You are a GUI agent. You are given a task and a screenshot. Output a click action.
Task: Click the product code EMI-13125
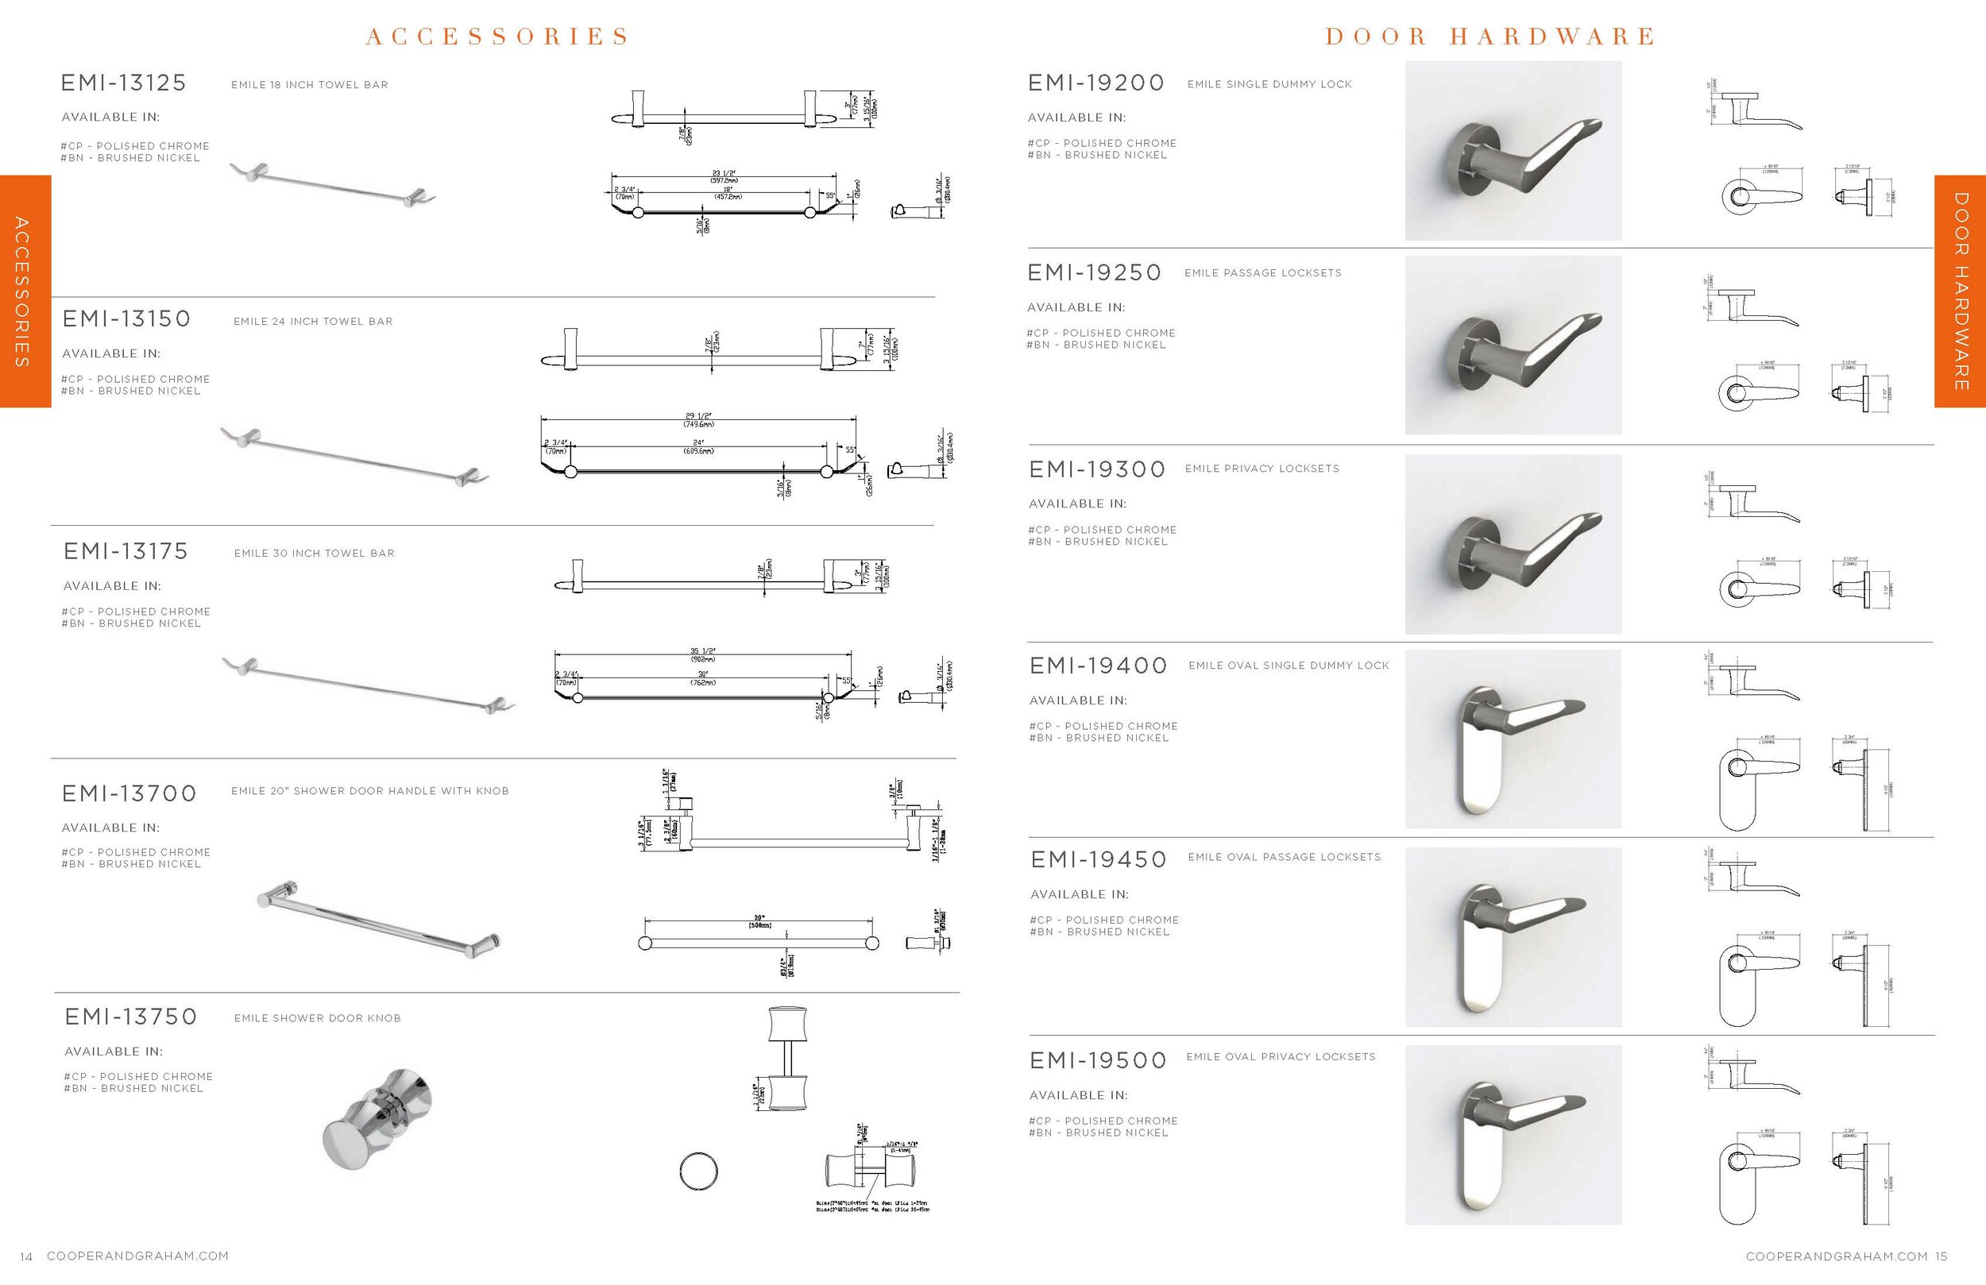point(123,83)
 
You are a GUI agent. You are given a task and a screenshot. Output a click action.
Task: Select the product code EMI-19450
point(1098,859)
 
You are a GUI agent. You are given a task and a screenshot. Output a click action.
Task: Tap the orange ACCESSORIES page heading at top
point(497,37)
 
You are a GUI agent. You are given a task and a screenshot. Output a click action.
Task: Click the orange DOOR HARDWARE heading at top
point(1489,37)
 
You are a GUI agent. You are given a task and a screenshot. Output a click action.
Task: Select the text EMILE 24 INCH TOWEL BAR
point(313,321)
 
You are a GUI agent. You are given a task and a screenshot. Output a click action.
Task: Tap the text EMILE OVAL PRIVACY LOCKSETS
point(1280,1056)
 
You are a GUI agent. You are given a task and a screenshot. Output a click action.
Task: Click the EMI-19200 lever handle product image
point(1513,151)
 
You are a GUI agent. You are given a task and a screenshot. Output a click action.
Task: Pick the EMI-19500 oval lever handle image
point(1513,1135)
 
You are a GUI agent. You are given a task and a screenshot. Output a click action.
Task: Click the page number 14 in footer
point(26,1256)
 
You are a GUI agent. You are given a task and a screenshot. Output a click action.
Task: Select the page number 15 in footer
point(1941,1256)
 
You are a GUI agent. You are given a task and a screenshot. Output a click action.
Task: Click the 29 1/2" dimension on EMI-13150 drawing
point(698,415)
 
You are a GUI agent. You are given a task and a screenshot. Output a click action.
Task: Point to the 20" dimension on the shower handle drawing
point(759,918)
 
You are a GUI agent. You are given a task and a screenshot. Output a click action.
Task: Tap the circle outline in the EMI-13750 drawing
point(698,1171)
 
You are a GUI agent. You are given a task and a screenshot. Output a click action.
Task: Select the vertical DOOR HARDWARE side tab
point(1960,291)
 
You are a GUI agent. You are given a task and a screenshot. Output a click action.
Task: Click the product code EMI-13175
point(126,551)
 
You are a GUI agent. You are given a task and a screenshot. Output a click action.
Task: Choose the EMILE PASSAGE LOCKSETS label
point(1262,273)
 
